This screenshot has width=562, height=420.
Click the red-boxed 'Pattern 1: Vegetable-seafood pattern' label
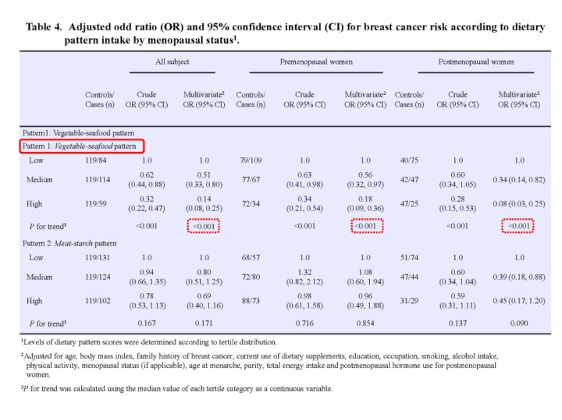click(82, 146)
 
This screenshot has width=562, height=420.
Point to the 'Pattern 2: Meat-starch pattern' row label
click(74, 245)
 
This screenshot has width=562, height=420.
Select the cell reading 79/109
click(251, 160)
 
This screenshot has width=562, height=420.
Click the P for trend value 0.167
click(147, 323)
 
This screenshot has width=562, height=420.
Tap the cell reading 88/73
click(251, 300)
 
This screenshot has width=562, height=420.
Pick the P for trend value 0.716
click(304, 323)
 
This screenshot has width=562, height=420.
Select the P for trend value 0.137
click(457, 323)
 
